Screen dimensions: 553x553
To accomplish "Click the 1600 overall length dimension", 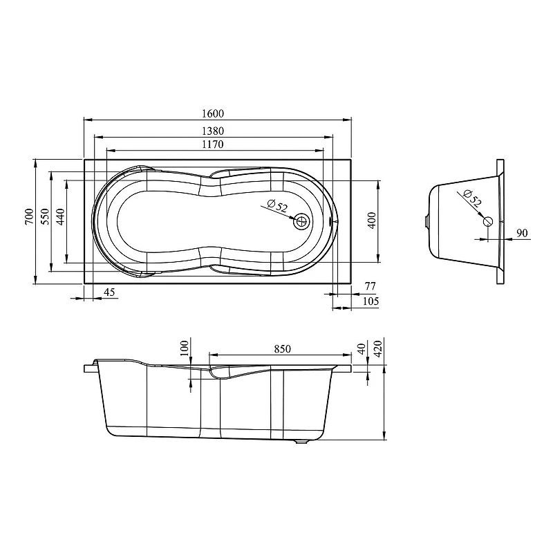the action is (x=213, y=113).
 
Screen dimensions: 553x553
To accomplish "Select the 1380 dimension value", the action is (x=213, y=131).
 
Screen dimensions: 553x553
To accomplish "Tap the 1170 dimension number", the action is (x=213, y=144).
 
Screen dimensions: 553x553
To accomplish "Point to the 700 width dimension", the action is (x=30, y=216).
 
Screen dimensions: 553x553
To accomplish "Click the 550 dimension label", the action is (x=45, y=216).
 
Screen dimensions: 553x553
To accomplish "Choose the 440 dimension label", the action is (x=60, y=216).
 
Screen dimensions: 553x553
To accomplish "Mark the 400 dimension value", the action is (x=372, y=221).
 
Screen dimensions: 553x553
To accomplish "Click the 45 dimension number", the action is (x=109, y=292).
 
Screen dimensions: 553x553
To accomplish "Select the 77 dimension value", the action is (x=370, y=286).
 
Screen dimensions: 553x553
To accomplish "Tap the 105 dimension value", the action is (x=371, y=301).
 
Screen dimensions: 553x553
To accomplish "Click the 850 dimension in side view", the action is (x=283, y=349).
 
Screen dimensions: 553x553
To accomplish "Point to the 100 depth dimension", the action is (x=185, y=348).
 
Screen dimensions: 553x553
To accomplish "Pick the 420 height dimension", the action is (x=377, y=349).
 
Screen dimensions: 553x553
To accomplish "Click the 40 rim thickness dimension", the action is (x=362, y=350).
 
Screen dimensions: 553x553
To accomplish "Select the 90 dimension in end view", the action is (x=522, y=233).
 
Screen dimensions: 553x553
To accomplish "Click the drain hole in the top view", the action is (x=301, y=222).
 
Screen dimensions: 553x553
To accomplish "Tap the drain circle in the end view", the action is (x=488, y=221).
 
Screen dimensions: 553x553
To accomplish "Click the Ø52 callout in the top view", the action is (x=278, y=205).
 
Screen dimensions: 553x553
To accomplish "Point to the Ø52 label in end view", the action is (x=472, y=198).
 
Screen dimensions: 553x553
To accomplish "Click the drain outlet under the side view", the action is (x=301, y=441).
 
